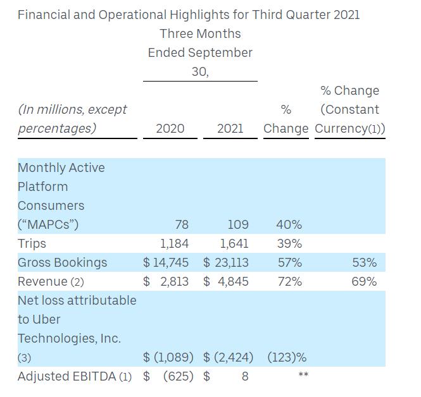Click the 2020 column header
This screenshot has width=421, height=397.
[x=170, y=128]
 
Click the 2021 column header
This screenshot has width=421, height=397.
[x=230, y=128]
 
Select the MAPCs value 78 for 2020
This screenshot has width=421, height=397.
[x=181, y=224]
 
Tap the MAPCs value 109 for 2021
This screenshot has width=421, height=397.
[x=237, y=224]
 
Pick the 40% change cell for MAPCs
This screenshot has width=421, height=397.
[x=289, y=224]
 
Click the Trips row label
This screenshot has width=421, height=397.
[x=32, y=243]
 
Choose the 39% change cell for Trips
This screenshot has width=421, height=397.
[x=289, y=243]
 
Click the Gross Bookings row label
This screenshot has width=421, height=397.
[x=62, y=262]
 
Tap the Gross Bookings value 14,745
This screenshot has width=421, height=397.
[x=170, y=262]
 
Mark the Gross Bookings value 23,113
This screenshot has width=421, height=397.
[x=231, y=262]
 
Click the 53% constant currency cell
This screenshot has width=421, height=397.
[x=364, y=262]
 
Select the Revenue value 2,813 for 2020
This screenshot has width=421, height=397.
[x=174, y=281]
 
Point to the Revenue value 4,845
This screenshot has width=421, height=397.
[x=234, y=281]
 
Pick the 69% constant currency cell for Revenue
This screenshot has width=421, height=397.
[x=364, y=281]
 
